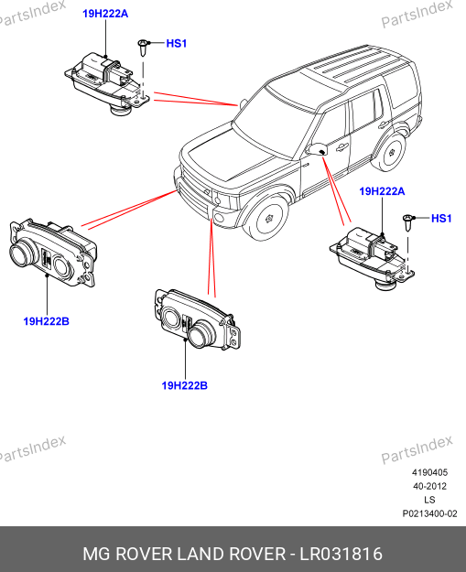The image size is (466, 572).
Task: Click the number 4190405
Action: pyautogui.click(x=429, y=472)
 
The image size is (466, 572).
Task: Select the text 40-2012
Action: pyautogui.click(x=429, y=486)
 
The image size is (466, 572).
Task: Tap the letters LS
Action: pyautogui.click(x=429, y=500)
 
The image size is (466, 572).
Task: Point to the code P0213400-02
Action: pyautogui.click(x=429, y=513)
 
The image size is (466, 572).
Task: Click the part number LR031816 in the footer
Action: pyautogui.click(x=341, y=554)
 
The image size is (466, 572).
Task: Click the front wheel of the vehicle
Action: pyautogui.click(x=270, y=218)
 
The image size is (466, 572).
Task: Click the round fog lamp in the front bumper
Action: pyautogui.click(x=219, y=218)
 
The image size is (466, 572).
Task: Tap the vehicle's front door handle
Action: pyautogui.click(x=341, y=147)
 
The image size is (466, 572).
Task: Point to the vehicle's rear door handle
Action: pyautogui.click(x=384, y=125)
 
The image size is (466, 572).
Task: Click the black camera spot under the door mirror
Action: pyautogui.click(x=322, y=151)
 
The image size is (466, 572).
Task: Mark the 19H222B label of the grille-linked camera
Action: pyautogui.click(x=47, y=321)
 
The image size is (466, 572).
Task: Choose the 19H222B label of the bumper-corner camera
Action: pyautogui.click(x=185, y=385)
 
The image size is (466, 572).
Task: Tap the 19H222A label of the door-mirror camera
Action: pyautogui.click(x=382, y=191)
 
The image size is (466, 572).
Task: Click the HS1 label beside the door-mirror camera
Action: pyautogui.click(x=441, y=219)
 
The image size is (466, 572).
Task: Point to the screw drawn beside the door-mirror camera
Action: pyautogui.click(x=408, y=222)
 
